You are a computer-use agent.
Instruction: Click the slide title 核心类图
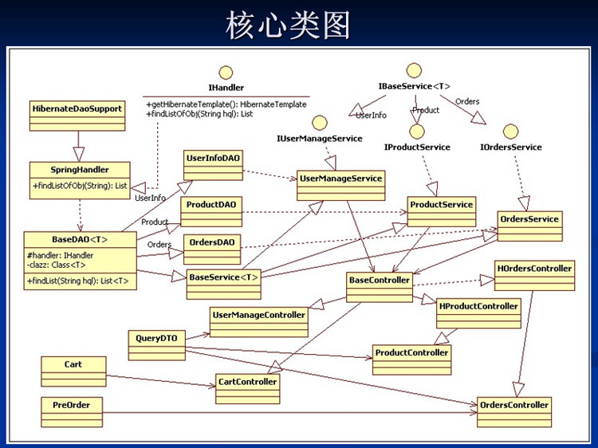pos(288,26)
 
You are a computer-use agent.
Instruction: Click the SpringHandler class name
pos(80,170)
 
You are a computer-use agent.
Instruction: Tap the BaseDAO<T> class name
pos(80,239)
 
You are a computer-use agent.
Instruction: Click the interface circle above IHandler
pos(226,72)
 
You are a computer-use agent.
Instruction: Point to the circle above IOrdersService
pos(511,132)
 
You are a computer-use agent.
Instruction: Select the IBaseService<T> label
pos(415,85)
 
